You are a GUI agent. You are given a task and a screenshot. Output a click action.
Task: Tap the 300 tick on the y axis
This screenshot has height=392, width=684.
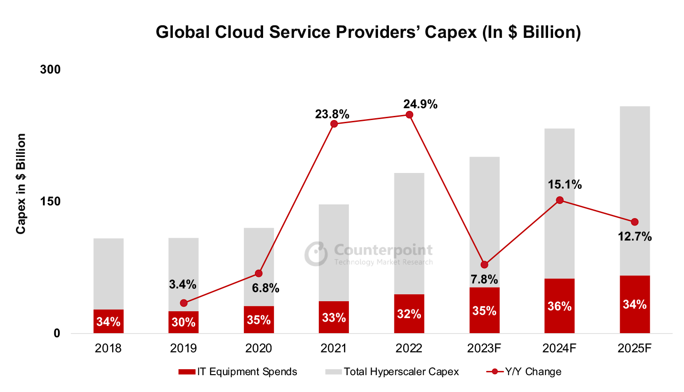pos(50,69)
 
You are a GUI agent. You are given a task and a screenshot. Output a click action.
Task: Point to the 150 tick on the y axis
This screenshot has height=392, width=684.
pos(50,201)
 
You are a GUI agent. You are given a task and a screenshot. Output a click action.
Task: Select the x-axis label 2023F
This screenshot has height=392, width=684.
pos(484,348)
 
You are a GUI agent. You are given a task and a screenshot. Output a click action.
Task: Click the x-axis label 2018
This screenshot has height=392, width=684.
pos(108,348)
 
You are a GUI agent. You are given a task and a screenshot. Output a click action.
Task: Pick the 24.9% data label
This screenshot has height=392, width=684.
pos(420,105)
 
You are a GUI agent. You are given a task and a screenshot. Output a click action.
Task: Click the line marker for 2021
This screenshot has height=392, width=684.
pos(334,124)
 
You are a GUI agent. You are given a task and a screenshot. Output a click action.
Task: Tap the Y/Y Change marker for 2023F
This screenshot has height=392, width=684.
pos(484,265)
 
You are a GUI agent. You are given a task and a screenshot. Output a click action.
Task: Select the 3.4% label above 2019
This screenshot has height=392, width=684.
pos(182,285)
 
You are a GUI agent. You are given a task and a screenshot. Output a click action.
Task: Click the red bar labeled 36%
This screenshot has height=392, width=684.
pos(560,306)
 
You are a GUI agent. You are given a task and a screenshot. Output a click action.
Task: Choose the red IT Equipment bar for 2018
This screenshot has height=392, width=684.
pos(109,321)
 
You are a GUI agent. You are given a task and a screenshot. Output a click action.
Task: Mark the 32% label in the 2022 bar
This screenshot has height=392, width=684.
pos(409,314)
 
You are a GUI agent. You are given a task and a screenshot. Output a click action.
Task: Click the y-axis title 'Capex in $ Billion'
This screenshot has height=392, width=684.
pos(21,184)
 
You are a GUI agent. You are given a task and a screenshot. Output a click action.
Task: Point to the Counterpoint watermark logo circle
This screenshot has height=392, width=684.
pos(316,254)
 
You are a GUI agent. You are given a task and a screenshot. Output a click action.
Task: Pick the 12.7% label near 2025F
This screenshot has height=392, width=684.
pos(634,237)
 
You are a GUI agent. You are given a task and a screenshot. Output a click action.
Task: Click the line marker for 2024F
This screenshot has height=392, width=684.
pos(560,200)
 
